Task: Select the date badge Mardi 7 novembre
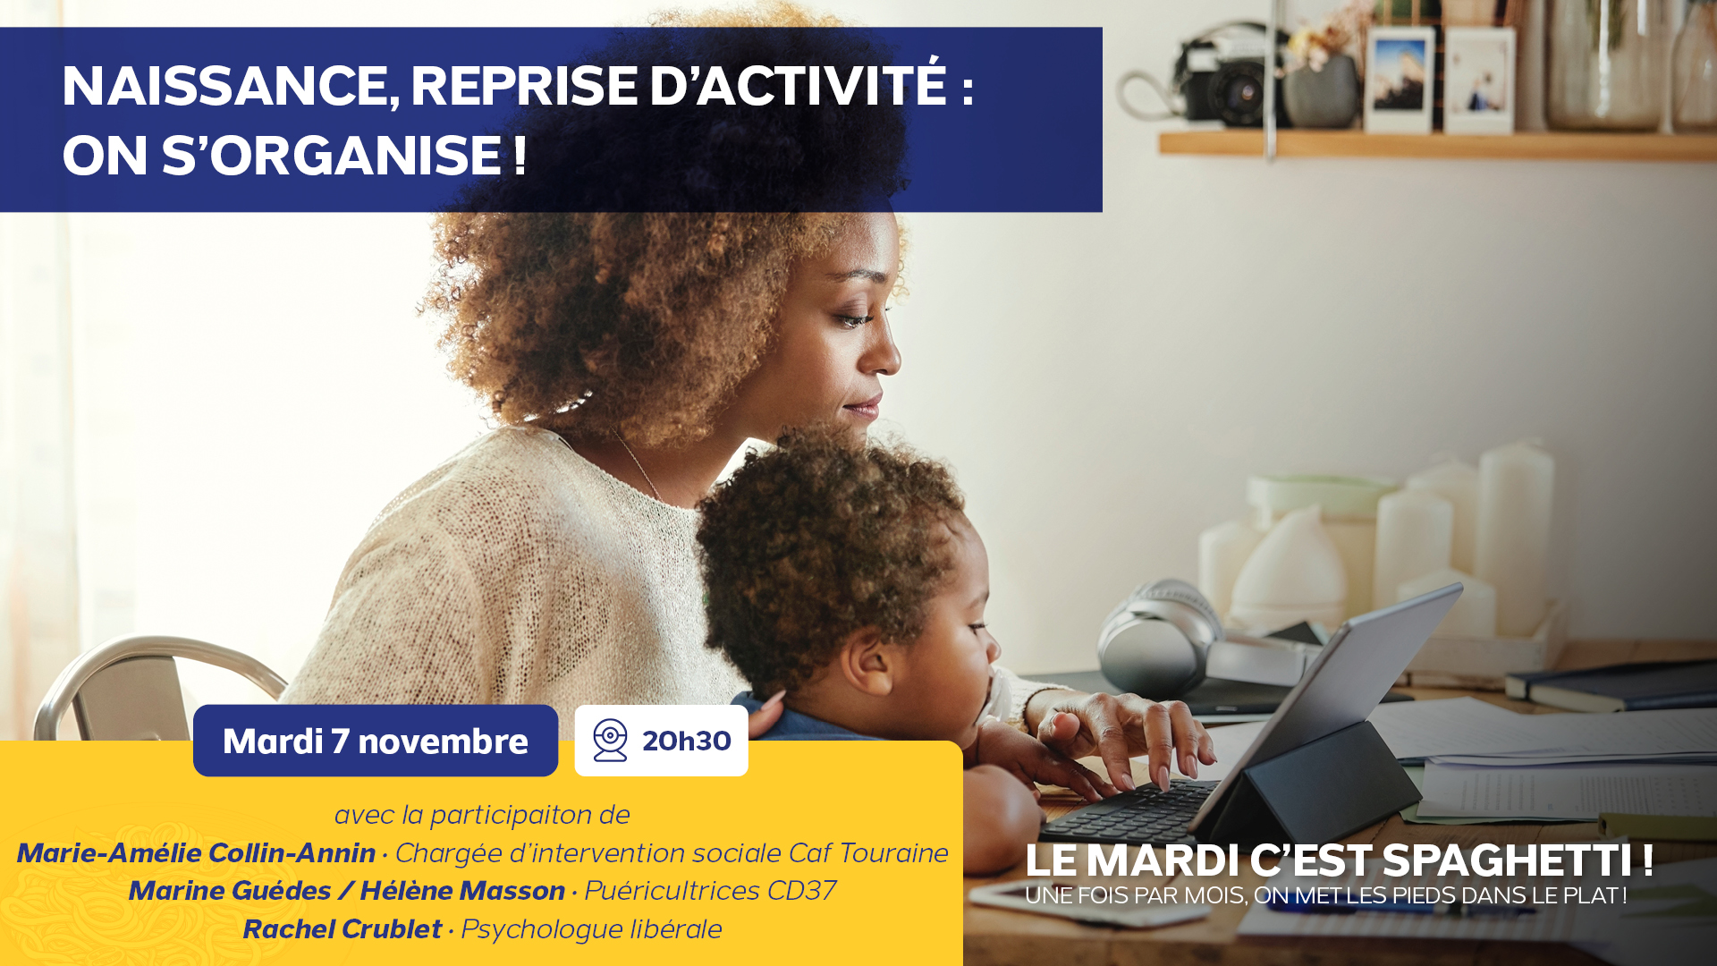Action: pyautogui.click(x=376, y=741)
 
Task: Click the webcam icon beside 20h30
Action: pyautogui.click(x=610, y=741)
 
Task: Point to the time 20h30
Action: pyautogui.click(x=687, y=741)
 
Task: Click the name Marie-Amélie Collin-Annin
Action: pyautogui.click(x=196, y=853)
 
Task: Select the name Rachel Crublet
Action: pyautogui.click(x=343, y=929)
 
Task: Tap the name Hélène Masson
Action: pyautogui.click(x=462, y=891)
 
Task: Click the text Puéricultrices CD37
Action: pyautogui.click(x=711, y=891)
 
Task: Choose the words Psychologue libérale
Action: pyautogui.click(x=591, y=930)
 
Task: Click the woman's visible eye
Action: pyautogui.click(x=853, y=318)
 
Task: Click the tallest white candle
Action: pyautogui.click(x=1515, y=537)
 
